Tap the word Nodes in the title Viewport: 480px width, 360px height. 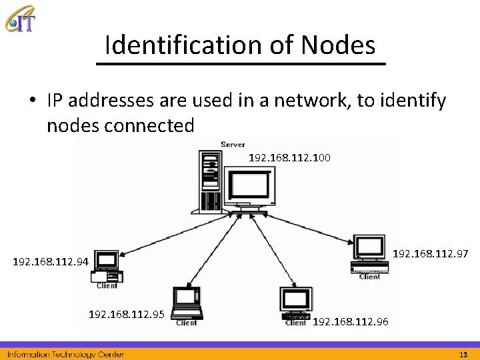point(338,45)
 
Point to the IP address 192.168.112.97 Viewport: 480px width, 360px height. point(430,253)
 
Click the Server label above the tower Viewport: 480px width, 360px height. point(232,144)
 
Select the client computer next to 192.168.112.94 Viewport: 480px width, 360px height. point(107,266)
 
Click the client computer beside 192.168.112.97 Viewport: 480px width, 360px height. point(369,255)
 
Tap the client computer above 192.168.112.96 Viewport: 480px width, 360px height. point(296,303)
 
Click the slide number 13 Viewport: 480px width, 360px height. point(463,354)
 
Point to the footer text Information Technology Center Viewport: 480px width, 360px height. point(65,354)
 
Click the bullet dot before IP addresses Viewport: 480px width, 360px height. point(32,101)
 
